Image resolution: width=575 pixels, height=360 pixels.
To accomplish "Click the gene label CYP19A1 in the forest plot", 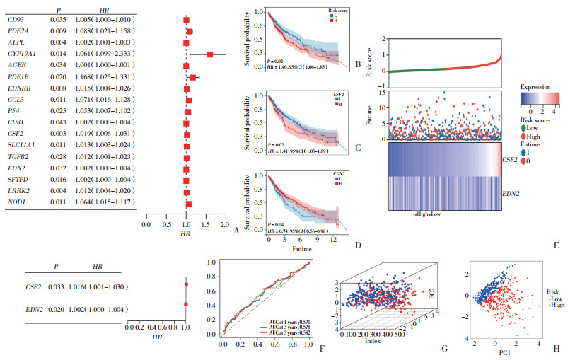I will tap(20, 53).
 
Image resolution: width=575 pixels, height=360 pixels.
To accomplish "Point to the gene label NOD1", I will tap(17, 203).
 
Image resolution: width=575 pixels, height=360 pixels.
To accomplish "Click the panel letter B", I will tap(358, 65).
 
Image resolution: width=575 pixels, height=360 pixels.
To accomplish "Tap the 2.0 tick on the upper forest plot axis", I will tap(224, 224).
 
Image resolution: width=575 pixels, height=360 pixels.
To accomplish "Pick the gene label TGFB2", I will tap(18, 157).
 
